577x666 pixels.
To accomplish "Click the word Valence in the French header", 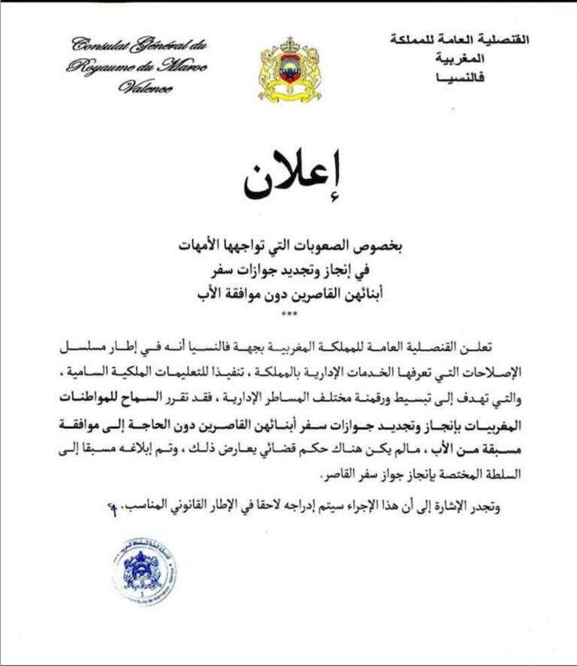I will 145,87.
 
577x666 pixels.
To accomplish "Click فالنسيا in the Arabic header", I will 504,77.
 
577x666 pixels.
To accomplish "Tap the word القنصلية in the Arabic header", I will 501,39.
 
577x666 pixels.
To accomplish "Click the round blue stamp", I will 145,571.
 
